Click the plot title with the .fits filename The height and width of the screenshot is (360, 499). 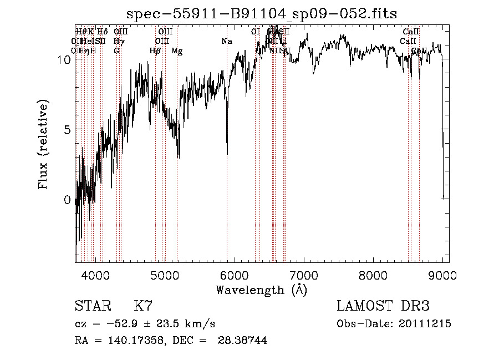click(262, 13)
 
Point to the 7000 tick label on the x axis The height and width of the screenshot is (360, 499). click(303, 275)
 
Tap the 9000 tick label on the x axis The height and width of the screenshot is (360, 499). click(442, 275)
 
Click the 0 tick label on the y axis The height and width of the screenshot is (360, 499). click(68, 200)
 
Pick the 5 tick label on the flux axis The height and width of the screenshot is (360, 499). click(68, 129)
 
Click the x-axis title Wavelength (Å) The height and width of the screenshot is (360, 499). click(262, 290)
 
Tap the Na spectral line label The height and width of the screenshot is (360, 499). click(227, 42)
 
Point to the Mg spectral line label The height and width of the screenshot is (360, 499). click(177, 51)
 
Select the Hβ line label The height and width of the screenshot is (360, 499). click(155, 51)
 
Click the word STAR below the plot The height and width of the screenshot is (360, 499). click(92, 306)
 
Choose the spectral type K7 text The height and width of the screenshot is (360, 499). click(143, 306)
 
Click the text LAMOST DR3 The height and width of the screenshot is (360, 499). click(383, 306)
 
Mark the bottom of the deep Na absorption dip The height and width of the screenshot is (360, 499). click(227, 154)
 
